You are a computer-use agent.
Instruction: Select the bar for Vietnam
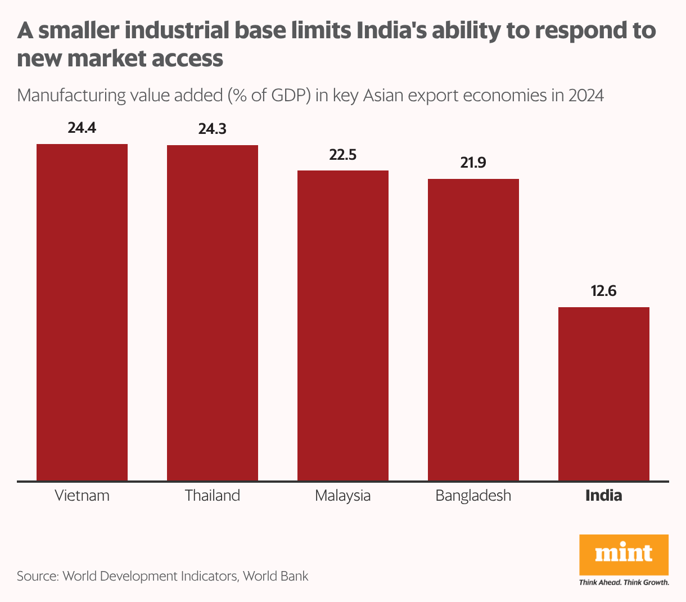(x=82, y=312)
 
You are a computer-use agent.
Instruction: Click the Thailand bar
(x=213, y=313)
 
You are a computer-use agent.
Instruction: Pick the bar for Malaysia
(x=343, y=325)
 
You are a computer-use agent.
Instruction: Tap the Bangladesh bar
(x=473, y=330)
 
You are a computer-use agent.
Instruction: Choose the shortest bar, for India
(x=604, y=394)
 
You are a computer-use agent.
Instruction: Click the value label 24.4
(x=82, y=128)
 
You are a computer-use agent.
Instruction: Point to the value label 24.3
(x=213, y=129)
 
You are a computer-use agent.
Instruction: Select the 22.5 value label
(x=343, y=155)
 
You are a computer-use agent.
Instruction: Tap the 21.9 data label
(x=473, y=163)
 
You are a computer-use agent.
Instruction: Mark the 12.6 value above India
(x=604, y=291)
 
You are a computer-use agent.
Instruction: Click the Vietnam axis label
(x=82, y=496)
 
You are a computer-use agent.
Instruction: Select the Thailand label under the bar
(x=213, y=496)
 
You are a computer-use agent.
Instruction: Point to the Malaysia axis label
(x=343, y=496)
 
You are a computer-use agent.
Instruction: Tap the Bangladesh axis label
(x=473, y=496)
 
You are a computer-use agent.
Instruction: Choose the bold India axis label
(x=604, y=496)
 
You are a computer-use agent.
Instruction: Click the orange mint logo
(x=624, y=554)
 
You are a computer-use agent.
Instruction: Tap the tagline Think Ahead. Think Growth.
(x=624, y=582)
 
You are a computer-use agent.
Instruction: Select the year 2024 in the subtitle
(x=586, y=96)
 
